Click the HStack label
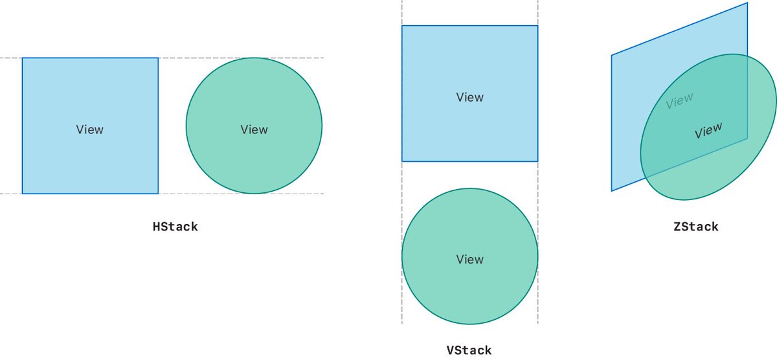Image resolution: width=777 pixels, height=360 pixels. pyautogui.click(x=175, y=227)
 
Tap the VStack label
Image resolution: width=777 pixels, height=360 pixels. pyautogui.click(x=469, y=350)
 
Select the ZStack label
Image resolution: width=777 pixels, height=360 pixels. pyautogui.click(x=695, y=227)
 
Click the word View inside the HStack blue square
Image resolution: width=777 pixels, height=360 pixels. pyautogui.click(x=89, y=129)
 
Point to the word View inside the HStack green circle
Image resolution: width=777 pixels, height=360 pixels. pyautogui.click(x=254, y=129)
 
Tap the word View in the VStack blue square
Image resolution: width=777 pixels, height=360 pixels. pyautogui.click(x=469, y=97)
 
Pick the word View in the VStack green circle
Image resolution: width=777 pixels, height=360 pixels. pyautogui.click(x=469, y=260)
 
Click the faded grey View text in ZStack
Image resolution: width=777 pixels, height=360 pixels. pyautogui.click(x=679, y=101)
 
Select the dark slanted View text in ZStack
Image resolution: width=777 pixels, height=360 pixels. pyautogui.click(x=708, y=131)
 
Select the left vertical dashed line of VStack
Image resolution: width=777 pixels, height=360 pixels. pyautogui.click(x=402, y=175)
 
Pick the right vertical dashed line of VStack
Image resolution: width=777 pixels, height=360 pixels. pyautogui.click(x=537, y=175)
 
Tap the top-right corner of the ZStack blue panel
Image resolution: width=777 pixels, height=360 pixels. pyautogui.click(x=747, y=3)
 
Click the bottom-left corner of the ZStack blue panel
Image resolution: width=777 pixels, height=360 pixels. pyautogui.click(x=612, y=190)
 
